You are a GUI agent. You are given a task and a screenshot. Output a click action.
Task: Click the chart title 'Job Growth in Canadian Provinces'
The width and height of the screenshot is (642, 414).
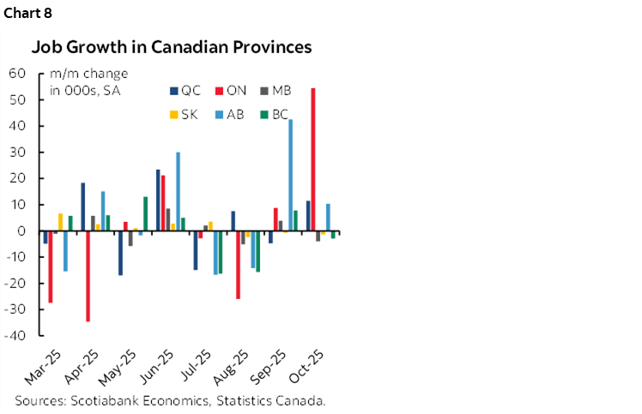pyautogui.click(x=172, y=46)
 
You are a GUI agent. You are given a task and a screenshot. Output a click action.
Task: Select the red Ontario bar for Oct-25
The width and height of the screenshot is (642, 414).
pyautogui.click(x=313, y=159)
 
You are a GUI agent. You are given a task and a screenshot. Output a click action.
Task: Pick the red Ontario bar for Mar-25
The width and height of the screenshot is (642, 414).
pyautogui.click(x=51, y=267)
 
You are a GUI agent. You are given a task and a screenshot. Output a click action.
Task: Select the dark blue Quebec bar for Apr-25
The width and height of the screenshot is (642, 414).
pyautogui.click(x=83, y=207)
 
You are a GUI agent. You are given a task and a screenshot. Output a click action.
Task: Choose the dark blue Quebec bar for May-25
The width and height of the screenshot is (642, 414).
pyautogui.click(x=120, y=253)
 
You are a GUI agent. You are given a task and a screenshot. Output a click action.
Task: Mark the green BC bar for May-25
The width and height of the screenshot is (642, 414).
pyautogui.click(x=145, y=214)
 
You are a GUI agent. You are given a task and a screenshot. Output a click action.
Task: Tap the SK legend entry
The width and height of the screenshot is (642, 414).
pyautogui.click(x=187, y=114)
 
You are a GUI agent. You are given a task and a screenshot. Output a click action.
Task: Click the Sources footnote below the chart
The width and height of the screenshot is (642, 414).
pyautogui.click(x=171, y=400)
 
